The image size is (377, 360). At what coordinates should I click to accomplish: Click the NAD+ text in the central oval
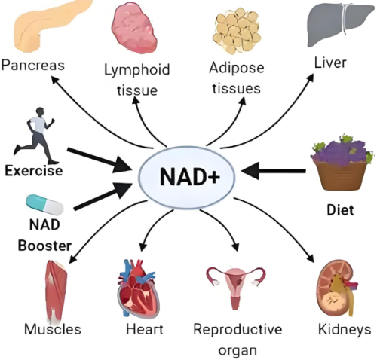[190, 176]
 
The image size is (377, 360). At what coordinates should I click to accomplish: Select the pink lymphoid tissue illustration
[134, 28]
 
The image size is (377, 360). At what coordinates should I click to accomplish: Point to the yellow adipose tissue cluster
[237, 31]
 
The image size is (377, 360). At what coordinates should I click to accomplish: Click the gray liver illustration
[339, 24]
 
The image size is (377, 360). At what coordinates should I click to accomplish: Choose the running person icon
[35, 136]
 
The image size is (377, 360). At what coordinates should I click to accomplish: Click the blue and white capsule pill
[44, 205]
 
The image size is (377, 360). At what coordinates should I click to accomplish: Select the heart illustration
[138, 288]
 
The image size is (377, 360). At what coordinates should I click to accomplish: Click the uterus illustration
[235, 288]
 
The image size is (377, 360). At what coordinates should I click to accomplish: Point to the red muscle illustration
[57, 291]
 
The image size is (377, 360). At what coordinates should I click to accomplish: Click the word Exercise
[34, 171]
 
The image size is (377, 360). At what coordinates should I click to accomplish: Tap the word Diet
[340, 210]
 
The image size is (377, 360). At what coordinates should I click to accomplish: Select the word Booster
[44, 246]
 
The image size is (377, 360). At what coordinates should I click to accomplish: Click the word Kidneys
[345, 330]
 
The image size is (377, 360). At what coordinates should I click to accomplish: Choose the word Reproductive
[238, 329]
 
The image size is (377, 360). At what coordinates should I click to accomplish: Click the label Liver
[330, 63]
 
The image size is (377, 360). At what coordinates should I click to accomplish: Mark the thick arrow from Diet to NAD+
[274, 171]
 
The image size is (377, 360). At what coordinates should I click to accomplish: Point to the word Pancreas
[33, 65]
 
